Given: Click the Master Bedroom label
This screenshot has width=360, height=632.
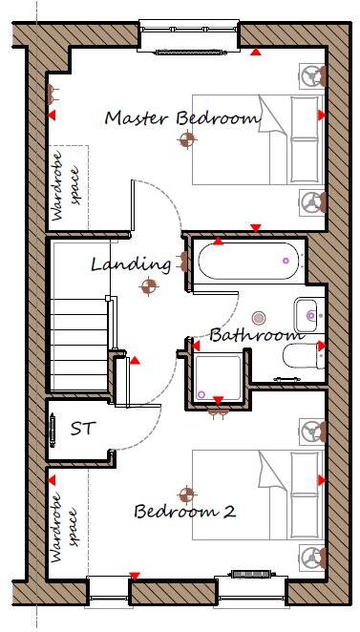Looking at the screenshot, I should click(x=181, y=118).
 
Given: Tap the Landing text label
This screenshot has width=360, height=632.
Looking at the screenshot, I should click(x=131, y=263).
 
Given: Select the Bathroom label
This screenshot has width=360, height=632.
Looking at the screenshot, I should click(x=256, y=335).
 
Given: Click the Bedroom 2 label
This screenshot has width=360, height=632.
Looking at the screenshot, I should click(x=184, y=512).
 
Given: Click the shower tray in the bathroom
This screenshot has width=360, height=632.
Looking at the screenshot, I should click(x=218, y=379).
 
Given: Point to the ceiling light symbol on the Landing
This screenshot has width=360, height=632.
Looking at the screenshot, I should click(x=149, y=284).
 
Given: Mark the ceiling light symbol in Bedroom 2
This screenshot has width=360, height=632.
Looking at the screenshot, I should click(x=187, y=495).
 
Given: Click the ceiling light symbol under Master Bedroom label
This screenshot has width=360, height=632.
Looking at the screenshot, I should click(x=186, y=139).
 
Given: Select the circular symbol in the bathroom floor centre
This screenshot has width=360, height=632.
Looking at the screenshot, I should click(x=258, y=317).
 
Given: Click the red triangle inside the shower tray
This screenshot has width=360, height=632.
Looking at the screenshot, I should click(x=218, y=399).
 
